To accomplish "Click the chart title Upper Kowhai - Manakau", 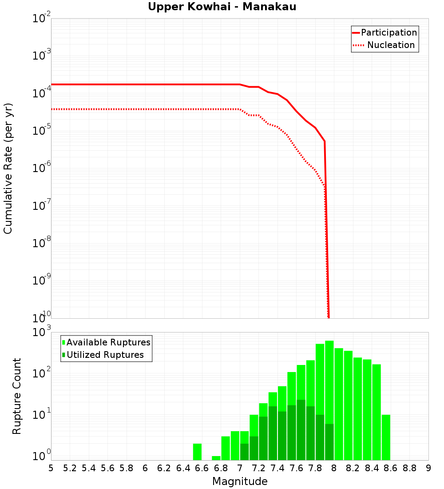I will pyautogui.click(x=222, y=7).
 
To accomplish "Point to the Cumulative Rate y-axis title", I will pyautogui.click(x=8, y=168).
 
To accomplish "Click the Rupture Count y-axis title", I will pyautogui.click(x=17, y=396).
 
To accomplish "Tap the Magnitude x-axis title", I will pyautogui.click(x=240, y=481).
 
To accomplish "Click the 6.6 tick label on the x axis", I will pyautogui.click(x=202, y=468).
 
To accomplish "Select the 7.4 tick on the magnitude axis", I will pyautogui.click(x=277, y=468).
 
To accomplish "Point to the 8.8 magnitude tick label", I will pyautogui.click(x=409, y=468).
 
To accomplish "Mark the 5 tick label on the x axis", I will pyautogui.click(x=51, y=468).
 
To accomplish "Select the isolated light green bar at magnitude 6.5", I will pyautogui.click(x=197, y=452).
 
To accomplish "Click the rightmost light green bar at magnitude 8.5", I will pyautogui.click(x=386, y=437).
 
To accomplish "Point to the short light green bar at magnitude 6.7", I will pyautogui.click(x=216, y=458).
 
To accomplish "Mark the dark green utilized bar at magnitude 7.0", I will pyautogui.click(x=245, y=452).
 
